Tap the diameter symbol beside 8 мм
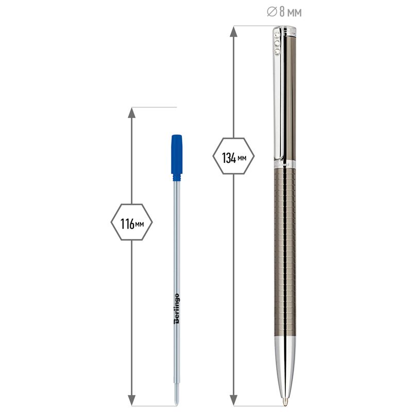[272, 12]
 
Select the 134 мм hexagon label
[234, 156]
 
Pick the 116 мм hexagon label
[132, 222]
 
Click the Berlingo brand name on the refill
[177, 308]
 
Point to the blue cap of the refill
[177, 154]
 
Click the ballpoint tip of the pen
[285, 404]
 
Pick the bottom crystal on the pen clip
[277, 51]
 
